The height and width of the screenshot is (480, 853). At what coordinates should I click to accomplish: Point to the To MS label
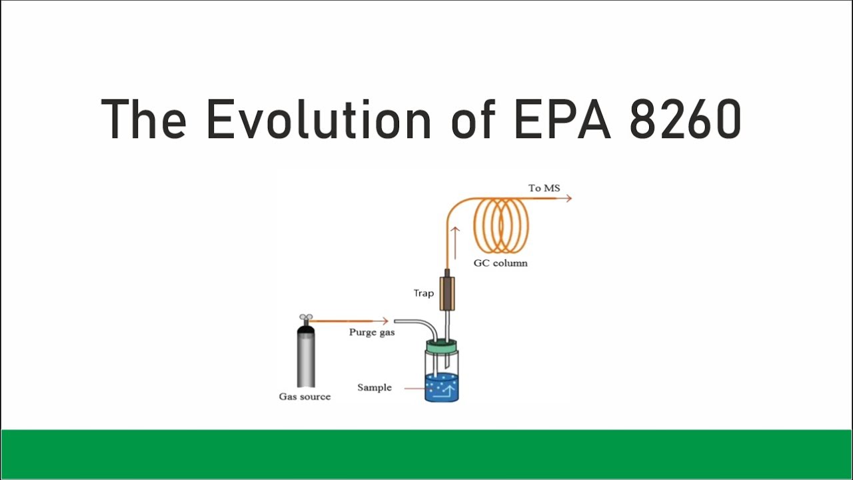[x=544, y=188]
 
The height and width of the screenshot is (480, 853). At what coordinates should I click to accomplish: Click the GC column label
[x=500, y=263]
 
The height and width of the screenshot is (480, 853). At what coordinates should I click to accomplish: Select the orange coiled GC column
[x=501, y=225]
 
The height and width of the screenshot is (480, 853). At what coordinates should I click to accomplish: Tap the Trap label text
[x=424, y=293]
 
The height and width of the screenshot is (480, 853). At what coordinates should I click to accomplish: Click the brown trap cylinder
[x=447, y=293]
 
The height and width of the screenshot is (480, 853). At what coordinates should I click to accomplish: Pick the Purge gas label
[x=372, y=332]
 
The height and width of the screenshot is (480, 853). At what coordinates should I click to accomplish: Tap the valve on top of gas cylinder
[x=306, y=319]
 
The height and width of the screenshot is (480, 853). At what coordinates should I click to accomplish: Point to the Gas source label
[x=305, y=397]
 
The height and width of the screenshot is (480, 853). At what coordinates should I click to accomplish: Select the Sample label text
[x=375, y=387]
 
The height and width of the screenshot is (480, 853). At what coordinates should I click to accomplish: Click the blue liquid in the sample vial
[x=442, y=389]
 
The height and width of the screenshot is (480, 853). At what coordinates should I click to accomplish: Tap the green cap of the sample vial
[x=441, y=346]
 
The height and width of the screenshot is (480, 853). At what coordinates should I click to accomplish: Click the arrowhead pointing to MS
[x=568, y=198]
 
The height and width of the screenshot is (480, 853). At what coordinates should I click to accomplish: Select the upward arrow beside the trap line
[x=456, y=241]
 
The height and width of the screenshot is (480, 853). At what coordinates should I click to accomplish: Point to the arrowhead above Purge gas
[x=385, y=321]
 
